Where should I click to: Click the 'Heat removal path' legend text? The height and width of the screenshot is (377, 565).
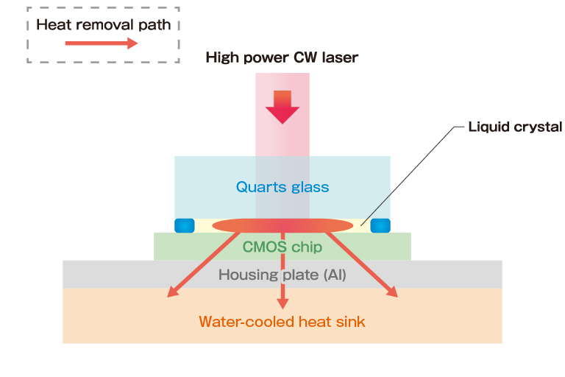pos(103,24)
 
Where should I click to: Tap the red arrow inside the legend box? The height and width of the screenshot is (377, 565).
pos(102,44)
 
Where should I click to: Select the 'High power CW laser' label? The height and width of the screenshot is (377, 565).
pos(282,57)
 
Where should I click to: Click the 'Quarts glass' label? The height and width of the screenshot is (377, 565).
pos(282,187)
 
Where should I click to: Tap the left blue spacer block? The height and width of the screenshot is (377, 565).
pos(183,225)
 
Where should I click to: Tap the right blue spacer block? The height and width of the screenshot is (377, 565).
pos(380,225)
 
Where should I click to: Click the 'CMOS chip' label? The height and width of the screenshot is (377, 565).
pos(282,247)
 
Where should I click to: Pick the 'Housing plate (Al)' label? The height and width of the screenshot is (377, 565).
pos(282,275)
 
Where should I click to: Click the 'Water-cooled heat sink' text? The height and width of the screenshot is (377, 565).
pos(282,321)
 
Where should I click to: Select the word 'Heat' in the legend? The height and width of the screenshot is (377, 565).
pos(52,24)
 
